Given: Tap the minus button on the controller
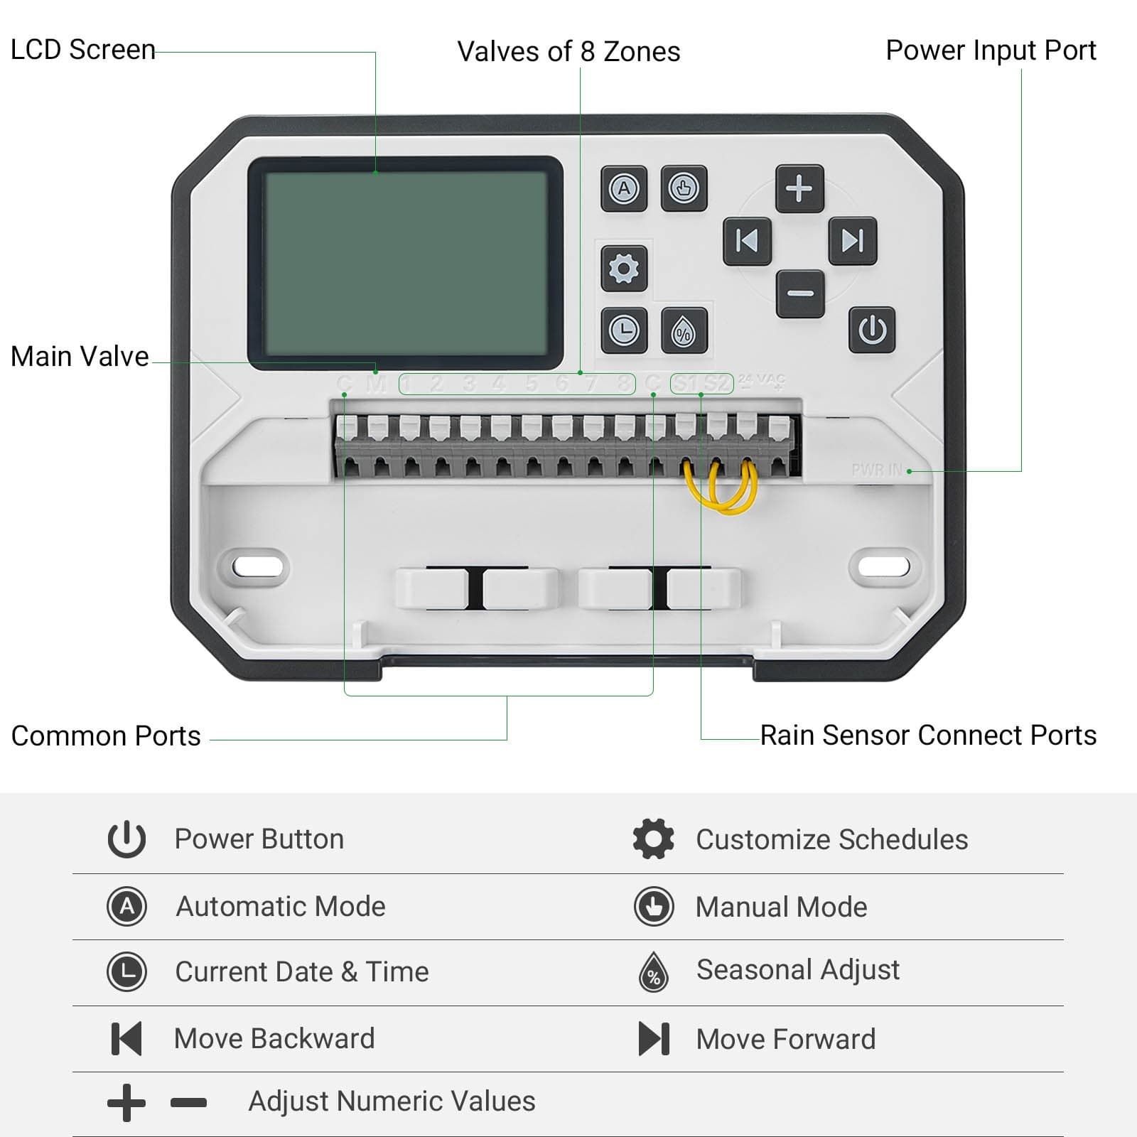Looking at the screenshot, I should pos(800,293).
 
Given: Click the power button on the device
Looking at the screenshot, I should pos(872,330).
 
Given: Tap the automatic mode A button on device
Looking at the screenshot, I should pos(624,189).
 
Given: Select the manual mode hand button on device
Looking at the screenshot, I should pos(684,189).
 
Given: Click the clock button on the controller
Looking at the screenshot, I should pos(624,330).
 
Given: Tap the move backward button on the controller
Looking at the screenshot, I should pos(747,242).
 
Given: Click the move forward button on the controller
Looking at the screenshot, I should pos(852,242).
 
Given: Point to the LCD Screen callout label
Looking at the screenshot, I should pos(82,50).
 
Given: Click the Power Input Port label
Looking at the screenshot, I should pos(990,50).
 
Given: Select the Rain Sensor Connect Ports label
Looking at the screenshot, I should pos(927,735).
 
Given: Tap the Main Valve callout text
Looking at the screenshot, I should pos(80,357).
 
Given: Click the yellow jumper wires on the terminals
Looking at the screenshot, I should pos(721,490).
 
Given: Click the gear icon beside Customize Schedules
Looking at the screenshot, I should pos(653,839).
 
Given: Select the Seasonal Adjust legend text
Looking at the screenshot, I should pos(797,970).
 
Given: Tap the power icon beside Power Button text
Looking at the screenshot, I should pos(126,839).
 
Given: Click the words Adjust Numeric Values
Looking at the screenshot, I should pos(392,1101).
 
